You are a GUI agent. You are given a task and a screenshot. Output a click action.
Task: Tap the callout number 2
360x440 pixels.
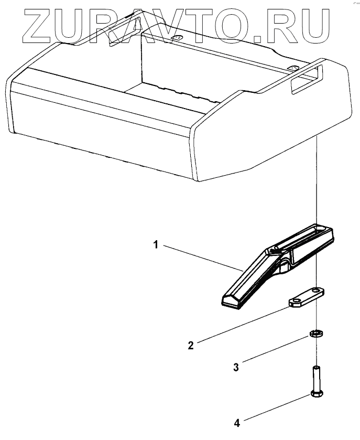[x=191, y=345]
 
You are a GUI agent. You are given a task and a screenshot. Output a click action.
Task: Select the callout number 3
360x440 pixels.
[x=236, y=368]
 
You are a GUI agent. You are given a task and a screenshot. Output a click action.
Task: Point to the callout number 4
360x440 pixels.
[x=237, y=422]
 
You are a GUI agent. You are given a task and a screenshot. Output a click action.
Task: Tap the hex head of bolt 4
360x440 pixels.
[x=317, y=393]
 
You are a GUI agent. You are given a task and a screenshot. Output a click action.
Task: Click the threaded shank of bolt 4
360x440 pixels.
[x=317, y=376]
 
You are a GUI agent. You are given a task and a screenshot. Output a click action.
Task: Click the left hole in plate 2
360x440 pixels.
[x=296, y=301]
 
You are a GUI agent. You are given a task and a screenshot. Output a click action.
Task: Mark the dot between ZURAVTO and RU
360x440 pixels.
[x=258, y=38]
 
